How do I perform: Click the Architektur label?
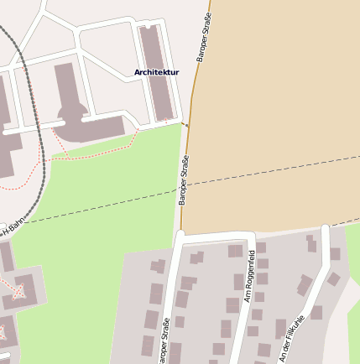156,73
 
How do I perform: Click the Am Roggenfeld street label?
249,275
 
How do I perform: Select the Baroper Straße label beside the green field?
183,179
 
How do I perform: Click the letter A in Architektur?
138,73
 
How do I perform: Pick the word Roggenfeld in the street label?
250,269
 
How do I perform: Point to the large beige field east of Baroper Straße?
277,101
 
